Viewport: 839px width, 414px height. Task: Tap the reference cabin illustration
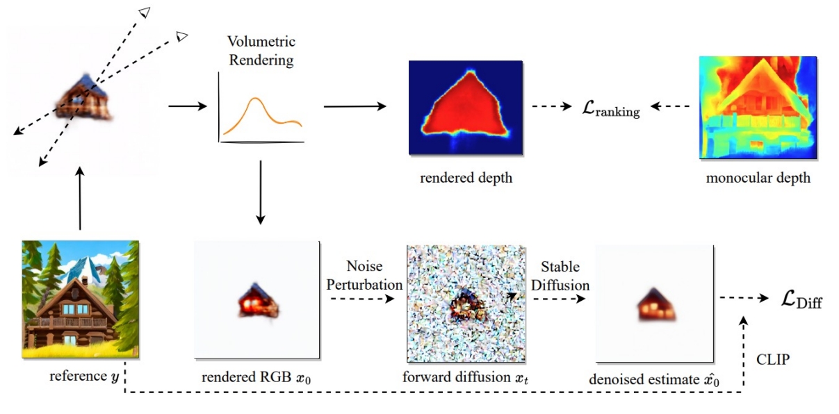[x=81, y=299]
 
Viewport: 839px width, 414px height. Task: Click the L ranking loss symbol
[x=611, y=109]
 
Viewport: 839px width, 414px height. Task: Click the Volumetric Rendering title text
[x=261, y=52]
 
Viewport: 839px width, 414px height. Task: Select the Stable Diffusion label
[x=560, y=276]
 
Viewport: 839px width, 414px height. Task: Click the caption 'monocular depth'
[x=758, y=178]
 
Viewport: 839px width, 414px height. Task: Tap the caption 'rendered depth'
[x=466, y=178]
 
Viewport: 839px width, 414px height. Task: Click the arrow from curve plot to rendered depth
[x=355, y=106]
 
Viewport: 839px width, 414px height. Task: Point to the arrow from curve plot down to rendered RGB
[x=261, y=192]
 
